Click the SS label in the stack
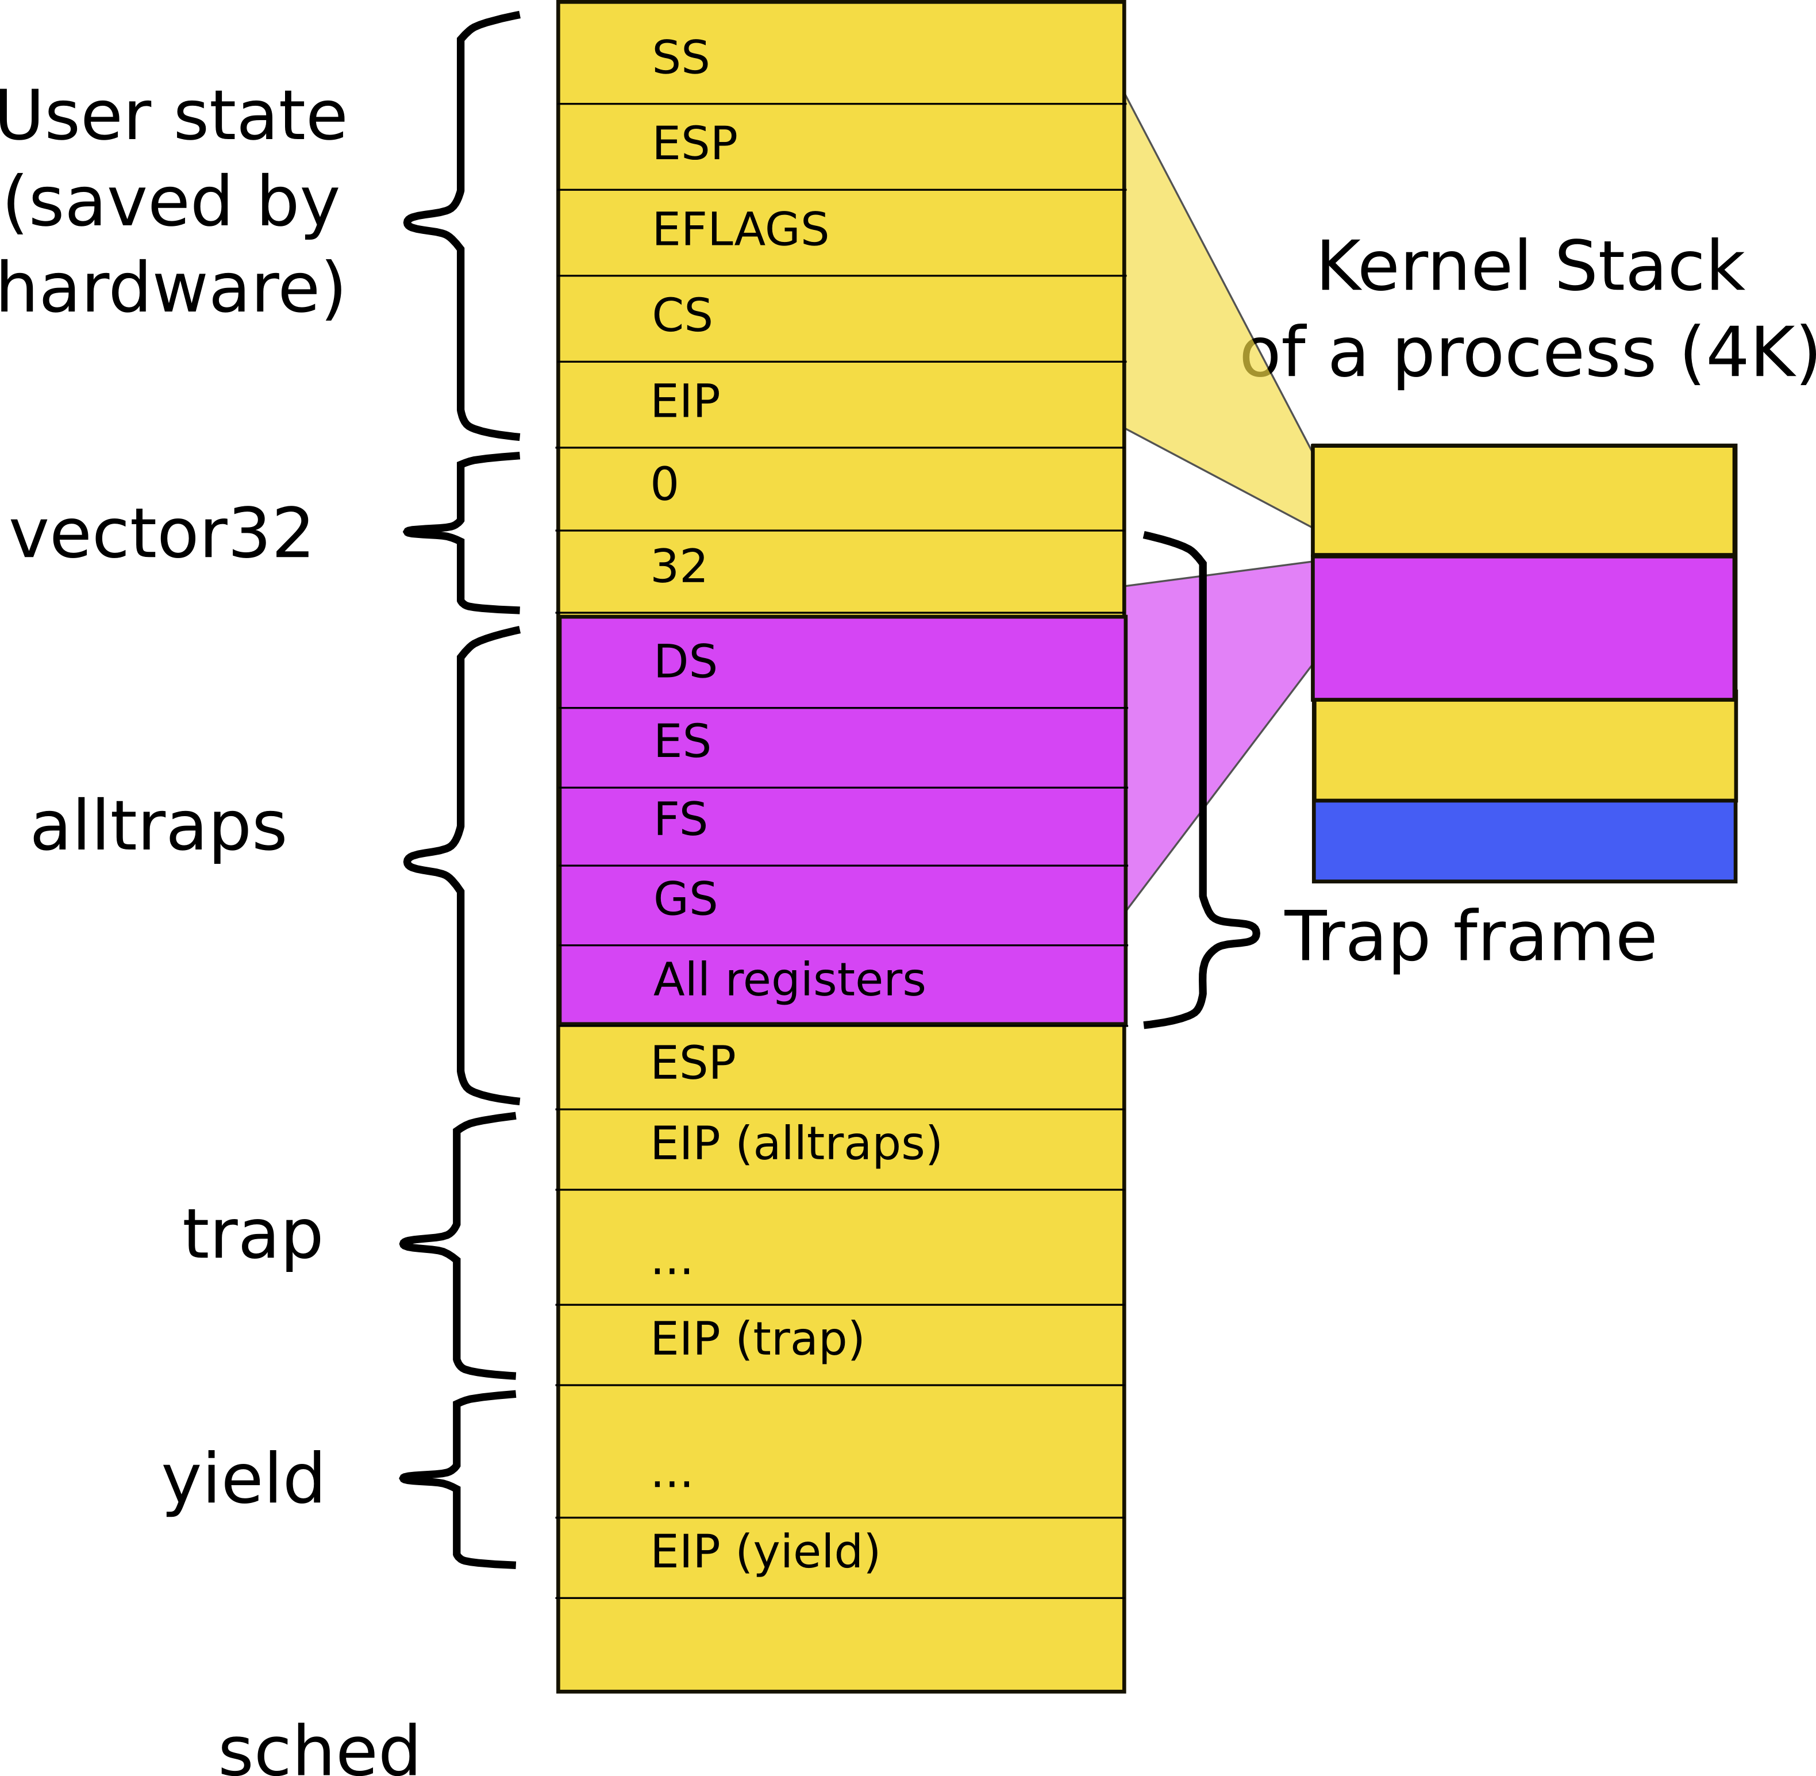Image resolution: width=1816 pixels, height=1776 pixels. pos(681,58)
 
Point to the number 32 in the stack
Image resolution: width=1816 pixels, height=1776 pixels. pos(679,566)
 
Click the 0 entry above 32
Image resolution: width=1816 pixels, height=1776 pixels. pos(665,484)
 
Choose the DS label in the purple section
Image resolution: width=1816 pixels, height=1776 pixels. pos(686,662)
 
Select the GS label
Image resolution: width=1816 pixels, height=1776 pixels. pos(686,899)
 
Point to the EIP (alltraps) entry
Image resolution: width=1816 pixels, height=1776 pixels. pos(795,1144)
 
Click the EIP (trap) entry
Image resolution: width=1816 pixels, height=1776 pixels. pos(757,1339)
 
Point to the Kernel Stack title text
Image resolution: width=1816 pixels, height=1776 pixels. pos(1530,267)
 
